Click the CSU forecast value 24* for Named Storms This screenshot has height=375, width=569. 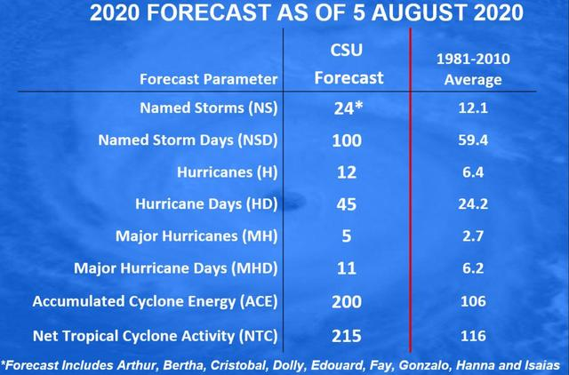[349, 108]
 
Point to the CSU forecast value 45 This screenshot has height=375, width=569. [347, 204]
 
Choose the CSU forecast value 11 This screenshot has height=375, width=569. [347, 268]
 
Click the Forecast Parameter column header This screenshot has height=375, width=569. [208, 78]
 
